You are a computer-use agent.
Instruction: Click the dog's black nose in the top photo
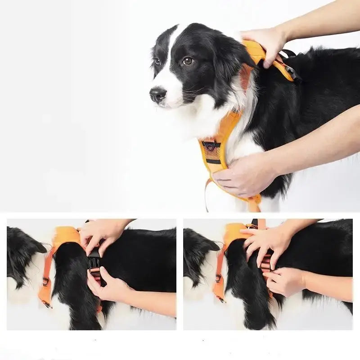[x=157, y=94]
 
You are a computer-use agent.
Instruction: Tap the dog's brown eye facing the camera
[x=187, y=61]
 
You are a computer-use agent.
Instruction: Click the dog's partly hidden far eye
[x=157, y=61]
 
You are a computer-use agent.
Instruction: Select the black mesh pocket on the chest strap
[x=212, y=152]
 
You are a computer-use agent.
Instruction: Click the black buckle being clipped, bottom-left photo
[x=94, y=261]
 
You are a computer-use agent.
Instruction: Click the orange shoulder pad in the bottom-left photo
[x=67, y=236]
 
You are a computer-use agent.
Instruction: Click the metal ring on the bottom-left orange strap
[x=45, y=282]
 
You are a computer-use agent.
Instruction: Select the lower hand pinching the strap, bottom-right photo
[x=283, y=281]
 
